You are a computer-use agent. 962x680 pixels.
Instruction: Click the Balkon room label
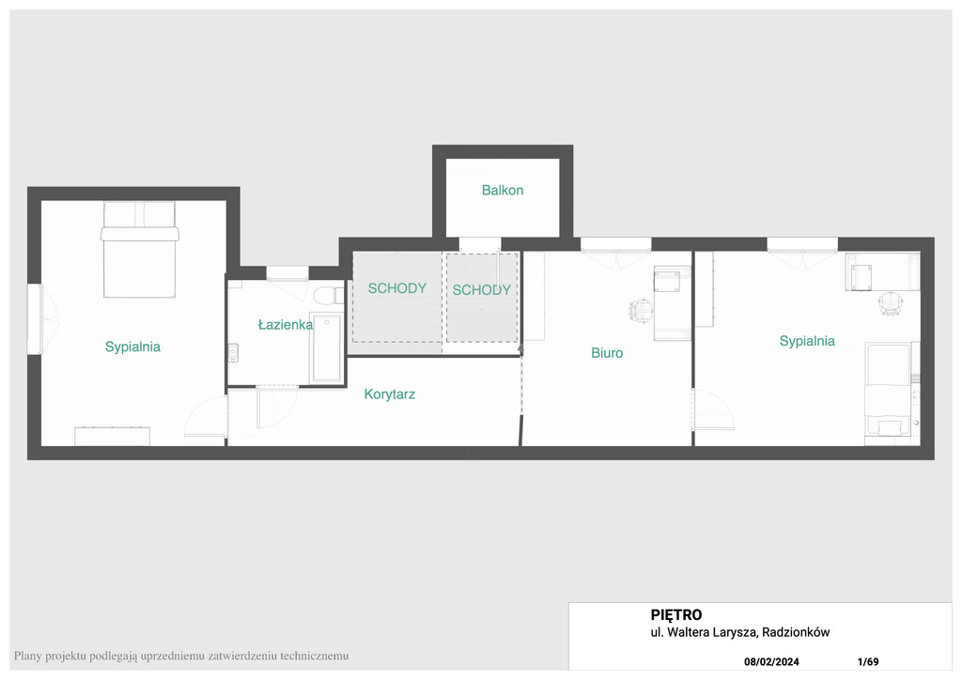point(503,190)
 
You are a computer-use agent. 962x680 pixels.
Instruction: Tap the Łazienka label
point(286,324)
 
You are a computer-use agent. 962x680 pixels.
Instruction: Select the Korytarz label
point(390,394)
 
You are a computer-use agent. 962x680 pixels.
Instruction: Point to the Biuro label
point(607,352)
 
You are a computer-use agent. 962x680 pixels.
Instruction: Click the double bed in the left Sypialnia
point(140,250)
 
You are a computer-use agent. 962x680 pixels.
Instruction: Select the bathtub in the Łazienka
point(326,348)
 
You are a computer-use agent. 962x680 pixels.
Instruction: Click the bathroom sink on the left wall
point(233,353)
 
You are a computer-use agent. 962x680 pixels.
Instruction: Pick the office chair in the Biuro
point(641,310)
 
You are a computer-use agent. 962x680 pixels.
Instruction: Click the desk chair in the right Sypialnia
point(891,303)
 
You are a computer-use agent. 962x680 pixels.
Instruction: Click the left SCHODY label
point(397,288)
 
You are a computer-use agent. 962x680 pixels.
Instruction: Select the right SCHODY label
point(482,290)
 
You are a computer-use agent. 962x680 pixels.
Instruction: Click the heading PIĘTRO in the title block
point(676,615)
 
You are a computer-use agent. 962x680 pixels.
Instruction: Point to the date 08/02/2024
point(772,661)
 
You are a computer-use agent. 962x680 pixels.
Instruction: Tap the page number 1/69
point(868,661)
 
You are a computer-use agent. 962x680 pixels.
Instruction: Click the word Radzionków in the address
point(796,632)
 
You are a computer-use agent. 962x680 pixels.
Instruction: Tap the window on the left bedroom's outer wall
point(35,318)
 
